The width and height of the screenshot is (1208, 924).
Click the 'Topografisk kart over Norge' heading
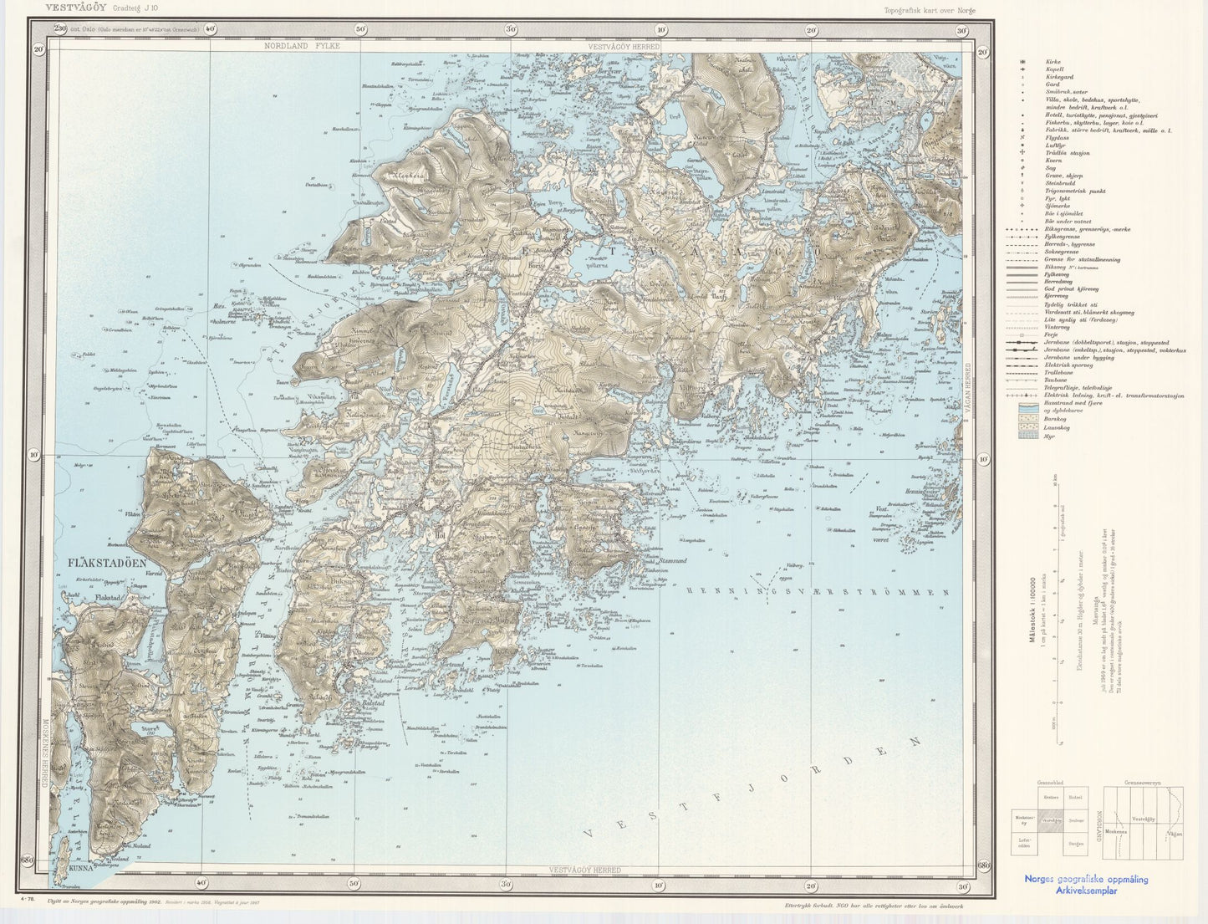(x=929, y=10)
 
